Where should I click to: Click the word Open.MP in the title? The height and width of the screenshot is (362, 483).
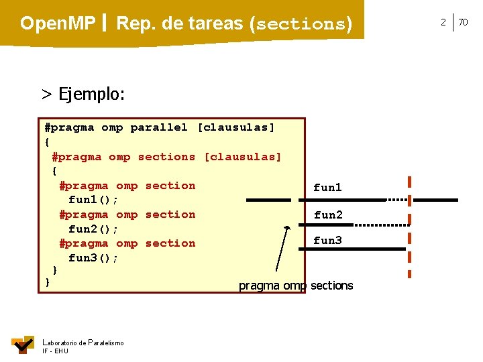58,24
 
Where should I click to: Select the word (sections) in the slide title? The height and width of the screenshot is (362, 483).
301,25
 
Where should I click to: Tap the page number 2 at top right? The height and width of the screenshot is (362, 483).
443,22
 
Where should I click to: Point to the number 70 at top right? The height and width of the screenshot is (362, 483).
463,22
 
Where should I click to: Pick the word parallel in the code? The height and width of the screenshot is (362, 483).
159,127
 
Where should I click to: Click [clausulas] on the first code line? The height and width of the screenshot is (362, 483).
236,127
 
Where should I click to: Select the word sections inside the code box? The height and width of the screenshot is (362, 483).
166,157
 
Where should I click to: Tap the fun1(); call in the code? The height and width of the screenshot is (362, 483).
93,200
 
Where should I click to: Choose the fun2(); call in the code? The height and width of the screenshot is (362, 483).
93,229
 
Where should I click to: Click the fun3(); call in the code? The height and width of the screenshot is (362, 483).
93,258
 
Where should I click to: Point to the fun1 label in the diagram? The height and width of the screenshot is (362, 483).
327,188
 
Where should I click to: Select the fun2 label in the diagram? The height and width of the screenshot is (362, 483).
328,215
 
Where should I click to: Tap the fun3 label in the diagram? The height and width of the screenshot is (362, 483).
327,240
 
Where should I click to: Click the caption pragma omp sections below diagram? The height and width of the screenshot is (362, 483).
296,286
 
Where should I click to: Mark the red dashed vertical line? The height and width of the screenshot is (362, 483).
409,227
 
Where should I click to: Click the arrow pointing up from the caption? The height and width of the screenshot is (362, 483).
282,251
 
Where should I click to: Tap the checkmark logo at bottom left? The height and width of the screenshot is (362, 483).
22,345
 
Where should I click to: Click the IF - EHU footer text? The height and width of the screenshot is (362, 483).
54,351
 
